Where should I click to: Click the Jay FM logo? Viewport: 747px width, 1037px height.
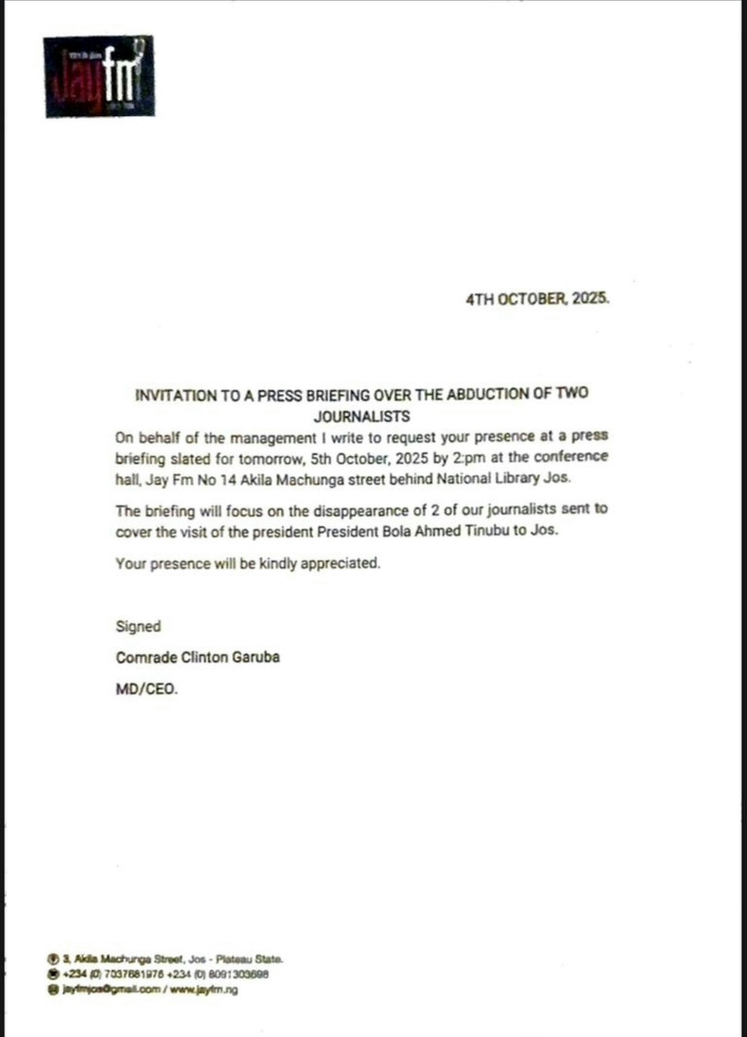[99, 76]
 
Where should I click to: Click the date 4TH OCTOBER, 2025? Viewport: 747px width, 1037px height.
[537, 299]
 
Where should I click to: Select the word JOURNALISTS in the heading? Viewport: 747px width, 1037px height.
[362, 416]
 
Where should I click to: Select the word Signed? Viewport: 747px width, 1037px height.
[138, 626]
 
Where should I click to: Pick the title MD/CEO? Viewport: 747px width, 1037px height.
[147, 689]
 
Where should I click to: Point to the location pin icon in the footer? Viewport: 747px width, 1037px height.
[53, 959]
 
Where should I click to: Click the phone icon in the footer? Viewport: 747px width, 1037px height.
[53, 974]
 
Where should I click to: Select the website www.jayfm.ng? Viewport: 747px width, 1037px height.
[203, 989]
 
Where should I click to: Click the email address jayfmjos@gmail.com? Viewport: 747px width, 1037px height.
[111, 989]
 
